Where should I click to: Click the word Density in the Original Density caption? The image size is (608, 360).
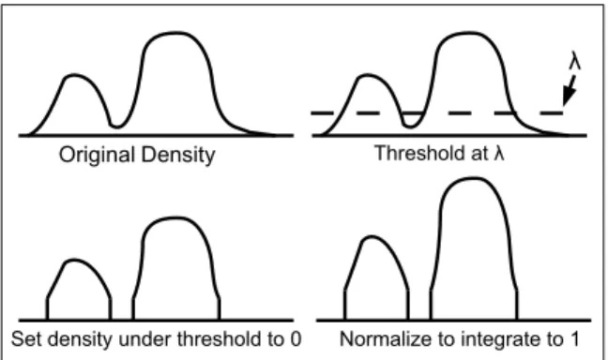[x=178, y=156]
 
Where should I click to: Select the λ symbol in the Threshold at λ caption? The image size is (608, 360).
[x=499, y=153]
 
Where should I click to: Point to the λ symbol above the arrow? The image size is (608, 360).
[x=575, y=60]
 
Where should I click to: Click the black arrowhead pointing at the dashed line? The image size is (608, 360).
[x=569, y=97]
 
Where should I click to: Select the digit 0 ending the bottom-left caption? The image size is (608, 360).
[x=296, y=339]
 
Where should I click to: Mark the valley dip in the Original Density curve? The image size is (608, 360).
[x=116, y=126]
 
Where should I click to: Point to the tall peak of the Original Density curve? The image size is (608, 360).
[x=175, y=34]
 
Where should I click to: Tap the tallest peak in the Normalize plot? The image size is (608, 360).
[x=473, y=179]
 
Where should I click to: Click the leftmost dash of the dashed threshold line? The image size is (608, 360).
[x=322, y=113]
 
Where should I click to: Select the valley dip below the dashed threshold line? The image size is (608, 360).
[x=411, y=126]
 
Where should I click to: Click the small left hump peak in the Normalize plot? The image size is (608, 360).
[x=372, y=236]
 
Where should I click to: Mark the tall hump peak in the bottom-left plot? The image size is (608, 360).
[x=175, y=218]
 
